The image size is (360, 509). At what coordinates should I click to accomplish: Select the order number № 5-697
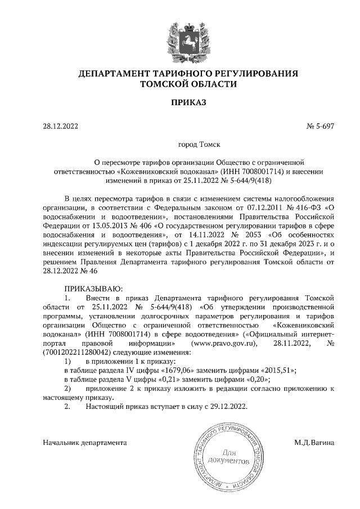coord(321,127)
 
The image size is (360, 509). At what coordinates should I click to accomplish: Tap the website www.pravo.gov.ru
coord(220,343)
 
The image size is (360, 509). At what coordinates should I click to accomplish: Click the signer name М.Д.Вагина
coord(314,443)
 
